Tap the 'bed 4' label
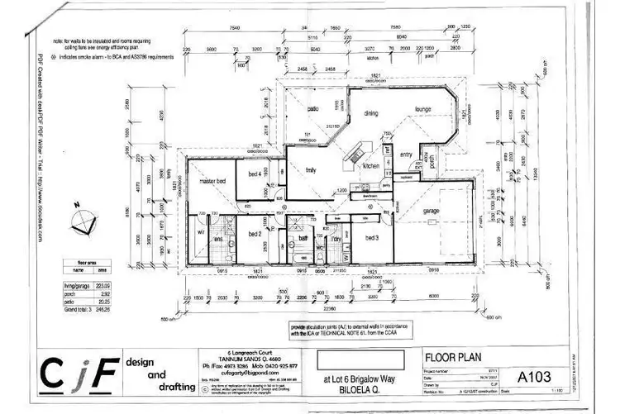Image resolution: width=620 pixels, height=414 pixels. click(x=255, y=174)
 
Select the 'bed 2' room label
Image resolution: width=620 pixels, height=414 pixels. click(x=254, y=234)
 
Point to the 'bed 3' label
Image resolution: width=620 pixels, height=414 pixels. click(x=372, y=237)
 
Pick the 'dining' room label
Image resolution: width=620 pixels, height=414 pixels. click(x=371, y=112)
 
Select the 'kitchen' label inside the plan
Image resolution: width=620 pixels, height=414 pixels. click(x=370, y=166)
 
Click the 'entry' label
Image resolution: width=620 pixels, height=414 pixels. click(x=406, y=155)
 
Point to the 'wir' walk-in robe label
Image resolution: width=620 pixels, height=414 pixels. click(x=201, y=232)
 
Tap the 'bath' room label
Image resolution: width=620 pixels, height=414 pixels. click(x=303, y=237)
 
